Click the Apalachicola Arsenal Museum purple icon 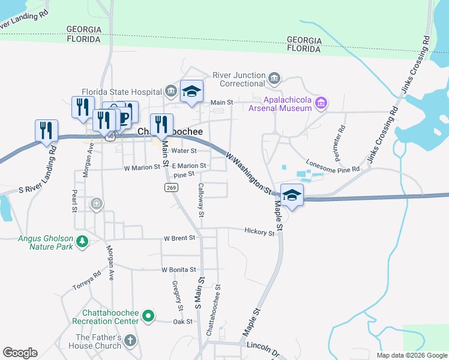pos(321,103)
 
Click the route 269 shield pos(170,188)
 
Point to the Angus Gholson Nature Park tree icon pos(81,242)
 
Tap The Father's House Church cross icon pos(130,341)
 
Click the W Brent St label pos(179,238)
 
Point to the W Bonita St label pos(179,270)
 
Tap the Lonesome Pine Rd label pos(333,166)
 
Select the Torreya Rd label pos(86,277)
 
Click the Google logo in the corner pos(20,353)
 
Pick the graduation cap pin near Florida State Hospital pos(192,91)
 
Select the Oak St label pos(182,322)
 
